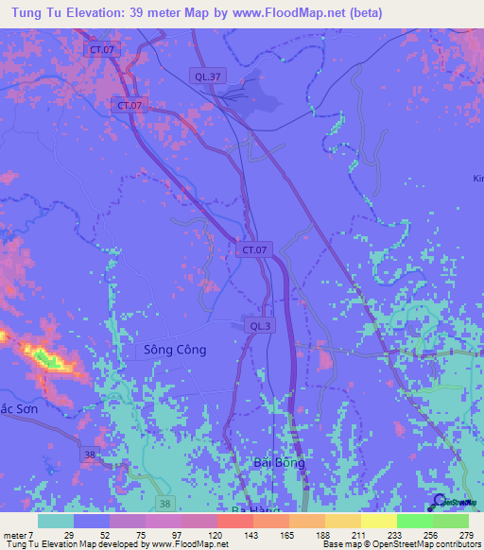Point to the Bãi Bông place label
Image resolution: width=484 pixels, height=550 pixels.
pos(279,462)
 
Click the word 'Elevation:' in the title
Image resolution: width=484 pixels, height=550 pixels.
pos(107,12)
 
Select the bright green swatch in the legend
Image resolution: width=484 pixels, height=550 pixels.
pos(414,521)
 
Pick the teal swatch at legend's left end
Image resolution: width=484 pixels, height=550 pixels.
pos(56,521)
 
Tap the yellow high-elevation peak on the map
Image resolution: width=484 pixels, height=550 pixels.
pos(45,358)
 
